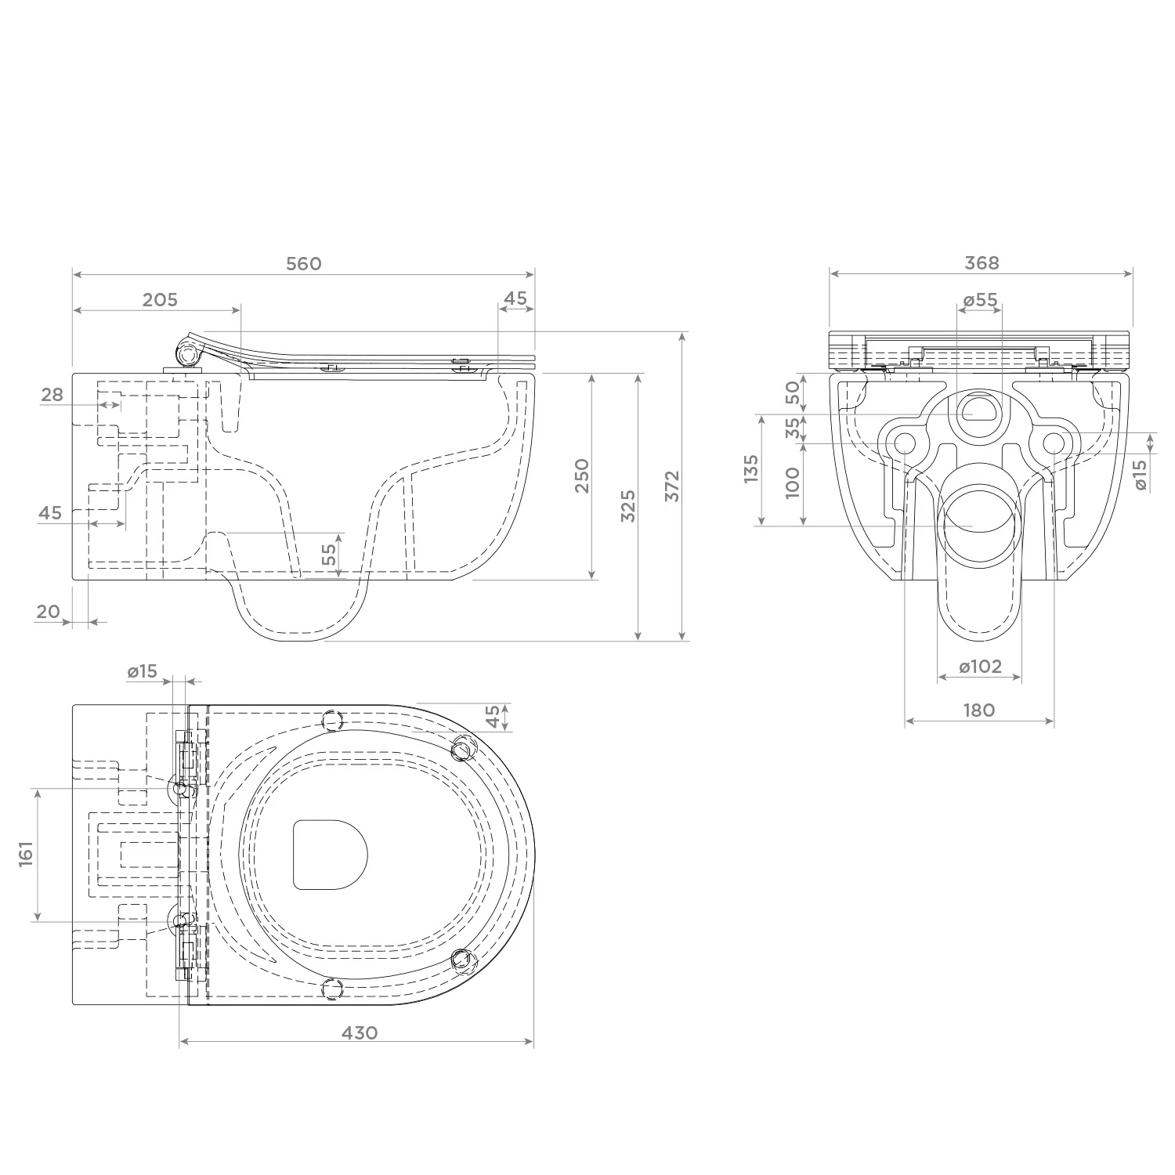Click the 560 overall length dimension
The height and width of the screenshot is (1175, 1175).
click(303, 263)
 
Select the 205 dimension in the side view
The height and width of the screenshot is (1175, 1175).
click(161, 299)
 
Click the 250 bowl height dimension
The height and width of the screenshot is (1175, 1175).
click(582, 475)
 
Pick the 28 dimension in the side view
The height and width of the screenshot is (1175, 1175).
click(52, 394)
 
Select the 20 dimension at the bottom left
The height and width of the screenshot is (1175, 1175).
click(49, 611)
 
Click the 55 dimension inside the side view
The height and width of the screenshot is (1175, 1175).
click(330, 554)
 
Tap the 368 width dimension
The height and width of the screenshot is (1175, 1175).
click(982, 263)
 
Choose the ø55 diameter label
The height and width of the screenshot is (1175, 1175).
click(980, 299)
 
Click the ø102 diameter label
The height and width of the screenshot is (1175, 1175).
click(980, 667)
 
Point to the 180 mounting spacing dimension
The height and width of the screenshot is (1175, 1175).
click(979, 710)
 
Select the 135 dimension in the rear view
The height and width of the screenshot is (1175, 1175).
click(752, 469)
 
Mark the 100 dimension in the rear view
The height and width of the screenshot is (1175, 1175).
click(793, 483)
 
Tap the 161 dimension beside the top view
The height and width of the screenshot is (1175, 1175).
click(27, 855)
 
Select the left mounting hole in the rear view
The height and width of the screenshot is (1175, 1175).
click(905, 444)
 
